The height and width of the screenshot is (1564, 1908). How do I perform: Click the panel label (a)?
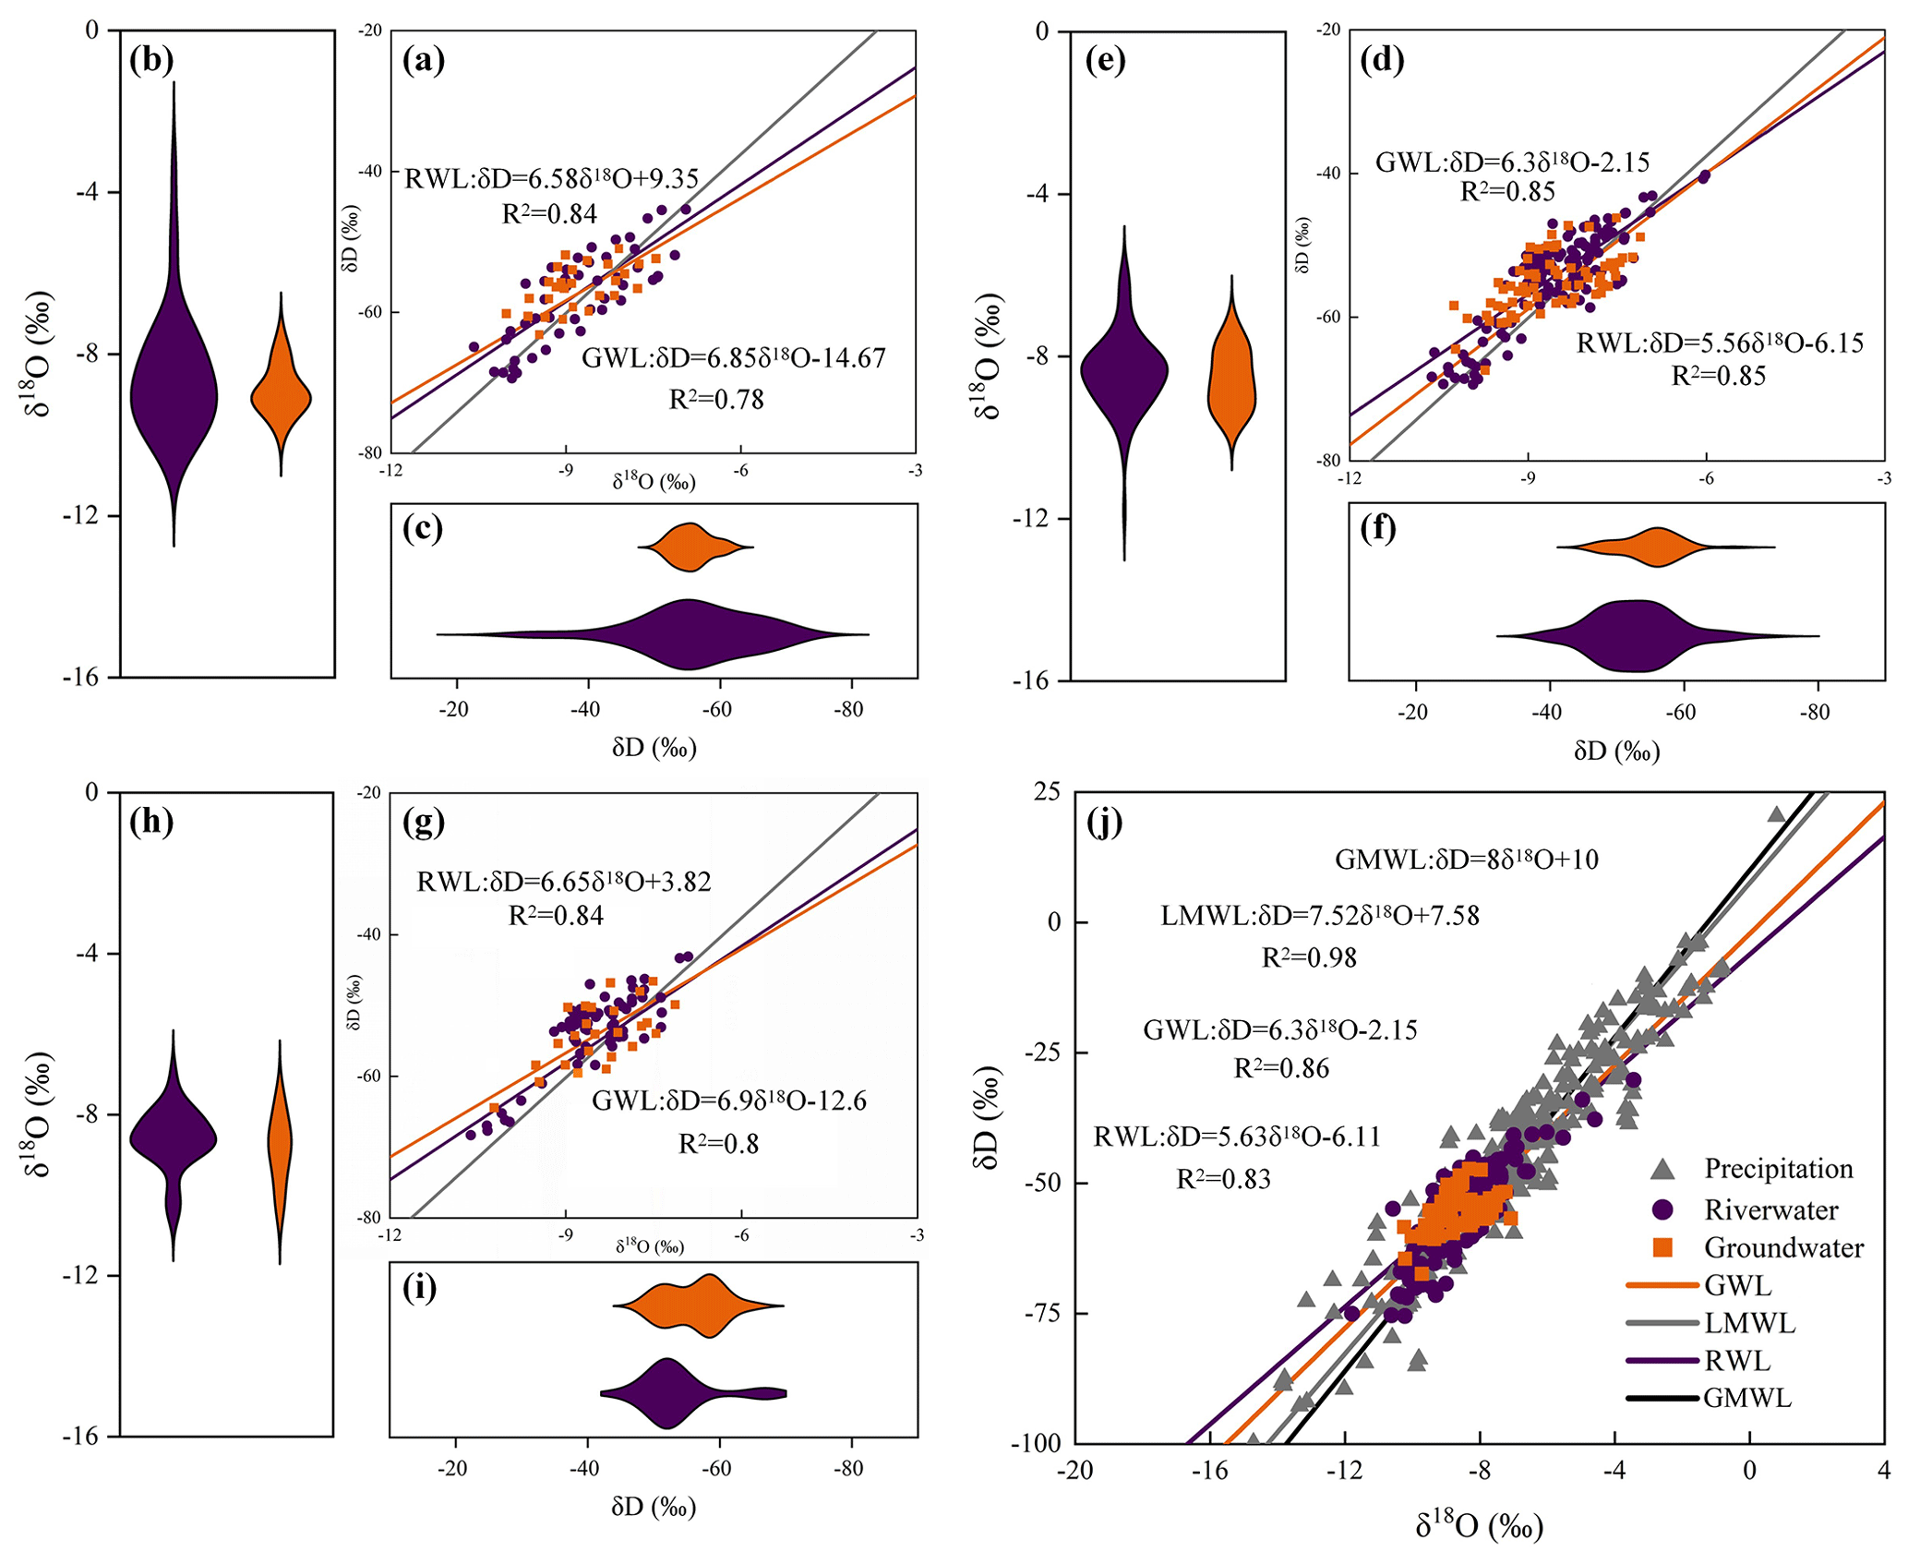tap(424, 61)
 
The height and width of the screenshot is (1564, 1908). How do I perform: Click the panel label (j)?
tap(1105, 821)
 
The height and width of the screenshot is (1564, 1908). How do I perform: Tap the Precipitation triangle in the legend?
tap(1662, 1170)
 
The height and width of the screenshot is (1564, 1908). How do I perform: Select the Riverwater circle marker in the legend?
tap(1662, 1209)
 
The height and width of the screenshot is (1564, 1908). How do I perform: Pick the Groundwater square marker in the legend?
tap(1662, 1248)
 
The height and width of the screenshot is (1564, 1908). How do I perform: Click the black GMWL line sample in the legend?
tap(1662, 1399)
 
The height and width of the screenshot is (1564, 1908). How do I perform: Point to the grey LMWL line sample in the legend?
tap(1662, 1323)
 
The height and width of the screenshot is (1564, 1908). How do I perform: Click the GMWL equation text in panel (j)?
tap(1467, 860)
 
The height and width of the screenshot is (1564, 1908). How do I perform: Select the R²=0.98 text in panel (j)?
tap(1309, 957)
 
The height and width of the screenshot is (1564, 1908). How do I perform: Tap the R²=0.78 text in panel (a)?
tap(716, 400)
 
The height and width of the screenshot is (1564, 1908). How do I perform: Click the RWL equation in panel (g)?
tap(564, 882)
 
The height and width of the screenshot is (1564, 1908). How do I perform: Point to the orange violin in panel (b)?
tap(281, 397)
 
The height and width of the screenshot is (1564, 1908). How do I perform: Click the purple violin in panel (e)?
tap(1124, 369)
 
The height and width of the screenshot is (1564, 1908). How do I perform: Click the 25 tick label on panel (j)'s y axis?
tap(1047, 792)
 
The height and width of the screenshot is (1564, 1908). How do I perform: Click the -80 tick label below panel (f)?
tap(1815, 713)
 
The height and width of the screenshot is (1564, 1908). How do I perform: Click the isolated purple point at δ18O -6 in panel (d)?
tap(1704, 176)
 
